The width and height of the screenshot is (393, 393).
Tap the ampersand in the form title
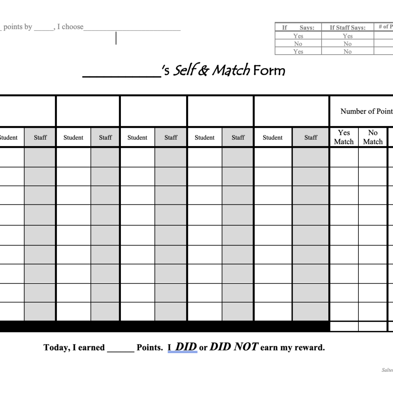(x=204, y=71)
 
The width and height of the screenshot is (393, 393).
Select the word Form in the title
(x=269, y=71)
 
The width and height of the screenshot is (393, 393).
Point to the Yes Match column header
(x=344, y=137)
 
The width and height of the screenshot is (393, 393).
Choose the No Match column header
(x=373, y=137)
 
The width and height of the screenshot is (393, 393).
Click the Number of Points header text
(x=366, y=111)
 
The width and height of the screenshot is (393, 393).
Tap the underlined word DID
(x=186, y=347)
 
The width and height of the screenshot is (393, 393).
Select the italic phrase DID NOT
(x=234, y=347)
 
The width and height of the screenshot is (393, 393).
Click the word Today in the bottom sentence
(x=56, y=347)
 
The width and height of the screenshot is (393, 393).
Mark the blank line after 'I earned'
(x=121, y=350)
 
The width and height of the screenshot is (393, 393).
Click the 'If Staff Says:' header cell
(x=347, y=27)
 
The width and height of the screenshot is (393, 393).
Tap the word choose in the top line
(x=73, y=27)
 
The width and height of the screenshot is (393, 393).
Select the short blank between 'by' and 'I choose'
(x=43, y=29)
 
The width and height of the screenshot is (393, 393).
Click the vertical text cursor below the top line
(x=116, y=38)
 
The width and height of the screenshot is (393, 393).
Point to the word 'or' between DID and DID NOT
(x=203, y=348)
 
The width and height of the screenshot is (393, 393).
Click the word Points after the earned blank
(x=150, y=348)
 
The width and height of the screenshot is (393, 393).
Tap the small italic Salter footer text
(x=387, y=370)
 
